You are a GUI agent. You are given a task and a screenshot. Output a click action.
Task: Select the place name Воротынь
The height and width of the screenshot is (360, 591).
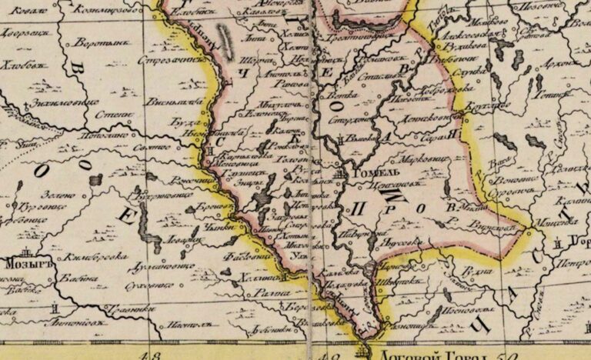coord(92,45)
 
